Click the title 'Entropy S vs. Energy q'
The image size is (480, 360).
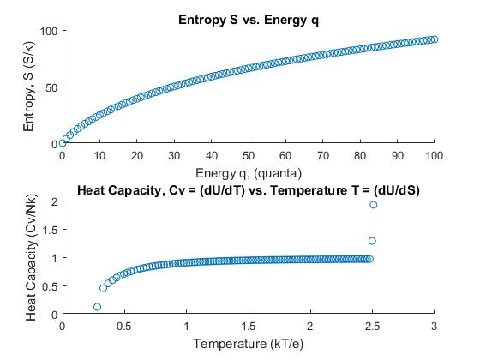click(249, 19)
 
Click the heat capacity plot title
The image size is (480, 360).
click(249, 189)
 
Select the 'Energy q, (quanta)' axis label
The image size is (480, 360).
click(249, 171)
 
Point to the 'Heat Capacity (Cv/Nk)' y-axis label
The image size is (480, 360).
click(32, 258)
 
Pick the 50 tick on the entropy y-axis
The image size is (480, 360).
click(51, 87)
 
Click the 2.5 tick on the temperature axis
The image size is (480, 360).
click(372, 326)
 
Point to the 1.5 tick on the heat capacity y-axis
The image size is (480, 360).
click(49, 230)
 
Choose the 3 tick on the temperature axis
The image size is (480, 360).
click(435, 326)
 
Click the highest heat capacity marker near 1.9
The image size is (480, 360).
click(373, 205)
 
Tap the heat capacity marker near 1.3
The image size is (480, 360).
click(372, 241)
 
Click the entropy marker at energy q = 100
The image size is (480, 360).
click(435, 39)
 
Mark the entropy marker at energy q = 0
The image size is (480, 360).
click(63, 142)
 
